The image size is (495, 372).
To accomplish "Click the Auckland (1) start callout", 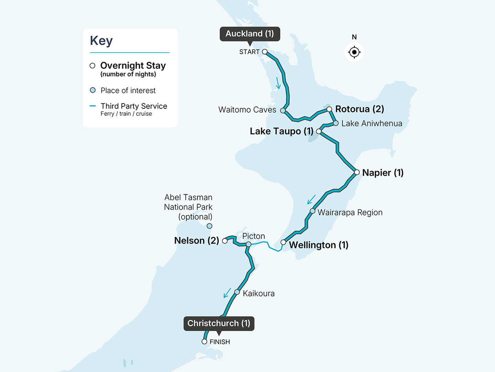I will (250, 34).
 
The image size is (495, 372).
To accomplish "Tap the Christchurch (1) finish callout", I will (219, 323).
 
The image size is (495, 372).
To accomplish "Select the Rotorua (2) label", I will (359, 109).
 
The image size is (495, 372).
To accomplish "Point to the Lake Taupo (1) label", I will (282, 131).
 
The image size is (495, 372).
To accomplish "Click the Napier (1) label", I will (383, 173).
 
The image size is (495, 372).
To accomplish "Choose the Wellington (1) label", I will (318, 245).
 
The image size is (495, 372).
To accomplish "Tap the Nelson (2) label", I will (196, 240).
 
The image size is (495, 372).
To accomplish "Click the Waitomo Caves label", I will (247, 110).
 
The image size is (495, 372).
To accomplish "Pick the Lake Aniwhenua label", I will (372, 124).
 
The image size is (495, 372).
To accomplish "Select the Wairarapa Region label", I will (350, 213).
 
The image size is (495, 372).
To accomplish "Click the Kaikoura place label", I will (258, 293).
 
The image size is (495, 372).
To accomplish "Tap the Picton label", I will (253, 236).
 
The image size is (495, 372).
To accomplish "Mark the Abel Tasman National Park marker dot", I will (209, 226).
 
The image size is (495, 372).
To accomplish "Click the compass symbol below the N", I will (354, 52).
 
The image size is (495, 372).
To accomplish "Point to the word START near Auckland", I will (249, 52).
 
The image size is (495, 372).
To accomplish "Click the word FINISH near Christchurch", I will (220, 342).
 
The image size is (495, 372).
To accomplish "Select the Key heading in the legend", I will (101, 41).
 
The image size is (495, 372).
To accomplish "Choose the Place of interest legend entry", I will (128, 91).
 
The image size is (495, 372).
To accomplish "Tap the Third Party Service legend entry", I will (134, 106).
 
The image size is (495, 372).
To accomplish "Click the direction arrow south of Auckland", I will (278, 83).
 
